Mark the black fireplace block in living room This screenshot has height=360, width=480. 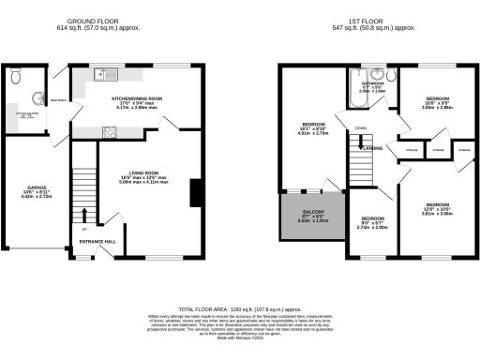pos(195,192)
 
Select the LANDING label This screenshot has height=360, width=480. pos(372,148)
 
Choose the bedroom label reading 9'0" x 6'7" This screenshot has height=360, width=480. pos(372,221)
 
